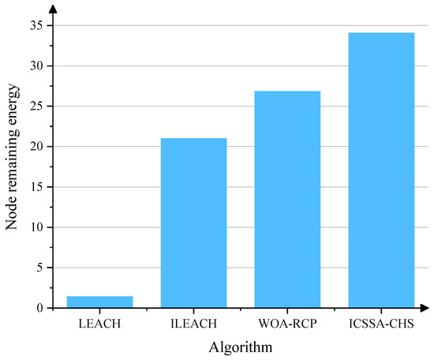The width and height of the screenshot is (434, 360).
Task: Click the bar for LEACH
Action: tap(99, 302)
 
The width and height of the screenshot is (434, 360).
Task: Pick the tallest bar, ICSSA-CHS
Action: tap(381, 170)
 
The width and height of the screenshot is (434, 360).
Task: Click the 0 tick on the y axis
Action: tap(39, 308)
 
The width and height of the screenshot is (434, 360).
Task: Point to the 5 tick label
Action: tap(39, 268)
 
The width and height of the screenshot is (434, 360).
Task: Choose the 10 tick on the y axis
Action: tap(36, 227)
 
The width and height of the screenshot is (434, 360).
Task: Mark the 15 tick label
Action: tap(36, 187)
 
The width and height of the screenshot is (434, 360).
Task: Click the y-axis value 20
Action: tap(36, 147)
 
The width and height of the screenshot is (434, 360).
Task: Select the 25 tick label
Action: tap(36, 107)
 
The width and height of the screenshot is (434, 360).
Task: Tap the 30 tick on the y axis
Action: tap(36, 66)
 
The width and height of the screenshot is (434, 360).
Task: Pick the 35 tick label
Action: tap(36, 26)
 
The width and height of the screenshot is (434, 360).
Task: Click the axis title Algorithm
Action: tap(240, 347)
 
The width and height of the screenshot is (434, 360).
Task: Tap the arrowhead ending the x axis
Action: tap(425, 308)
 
